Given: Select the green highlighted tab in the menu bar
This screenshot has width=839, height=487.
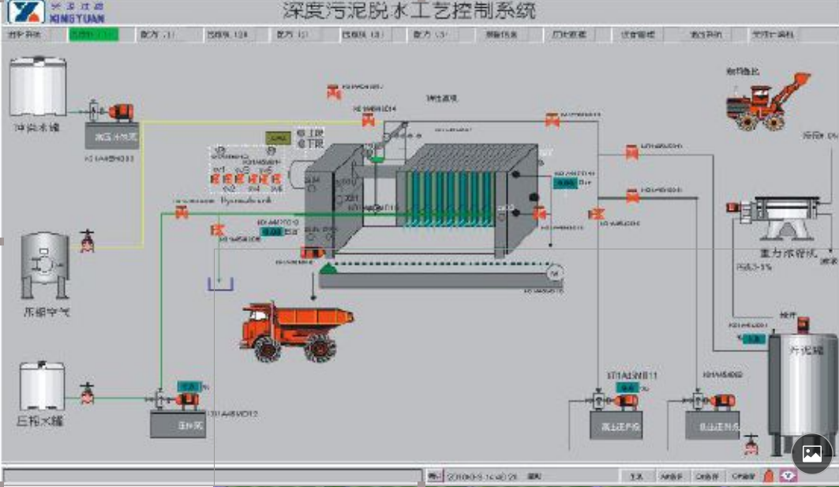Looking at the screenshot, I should pos(93,35).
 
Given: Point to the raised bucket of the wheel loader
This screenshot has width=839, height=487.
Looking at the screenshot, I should pos(798,82).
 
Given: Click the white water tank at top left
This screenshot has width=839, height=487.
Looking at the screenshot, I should pos(38,88).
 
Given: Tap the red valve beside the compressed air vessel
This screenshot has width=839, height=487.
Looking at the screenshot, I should pos(88,241).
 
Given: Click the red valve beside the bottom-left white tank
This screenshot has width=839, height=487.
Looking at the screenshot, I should pos(88,392).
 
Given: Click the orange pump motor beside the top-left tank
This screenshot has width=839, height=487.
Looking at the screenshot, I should pos(122,112).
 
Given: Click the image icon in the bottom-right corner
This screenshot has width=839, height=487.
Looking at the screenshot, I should pos(812,454).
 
